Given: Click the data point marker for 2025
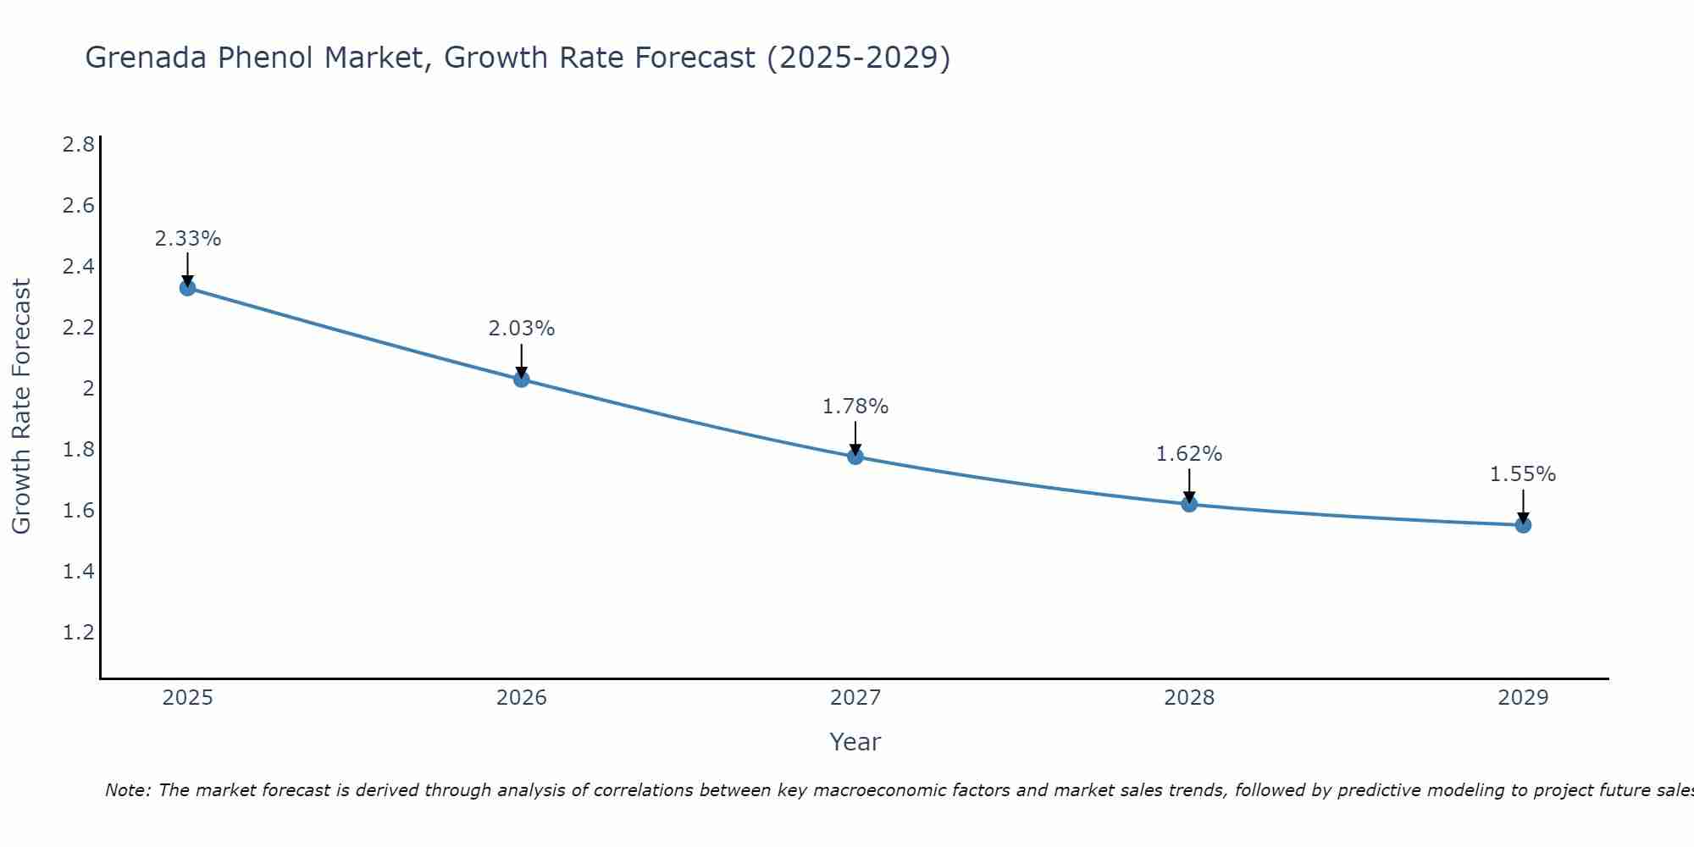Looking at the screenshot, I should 188,288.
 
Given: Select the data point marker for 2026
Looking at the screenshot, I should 522,379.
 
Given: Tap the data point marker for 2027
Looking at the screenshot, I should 855,457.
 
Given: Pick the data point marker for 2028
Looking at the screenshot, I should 1189,504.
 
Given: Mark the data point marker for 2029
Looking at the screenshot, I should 1523,525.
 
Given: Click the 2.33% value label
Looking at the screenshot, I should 188,239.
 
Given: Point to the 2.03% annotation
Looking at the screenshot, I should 522,329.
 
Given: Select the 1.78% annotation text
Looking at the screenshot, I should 855,407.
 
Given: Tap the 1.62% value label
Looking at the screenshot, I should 1189,454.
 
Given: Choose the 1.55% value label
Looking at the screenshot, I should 1523,474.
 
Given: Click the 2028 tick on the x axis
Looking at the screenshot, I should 1189,698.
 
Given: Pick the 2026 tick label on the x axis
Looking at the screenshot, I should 522,698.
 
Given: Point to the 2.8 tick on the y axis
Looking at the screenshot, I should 79,145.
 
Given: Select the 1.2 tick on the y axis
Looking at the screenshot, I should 79,633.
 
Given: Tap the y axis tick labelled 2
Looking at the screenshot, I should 87,389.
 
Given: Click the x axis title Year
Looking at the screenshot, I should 855,742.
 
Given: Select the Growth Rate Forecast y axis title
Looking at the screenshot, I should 21,407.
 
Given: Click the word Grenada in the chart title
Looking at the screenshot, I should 144,58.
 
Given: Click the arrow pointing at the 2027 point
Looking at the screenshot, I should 855,437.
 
